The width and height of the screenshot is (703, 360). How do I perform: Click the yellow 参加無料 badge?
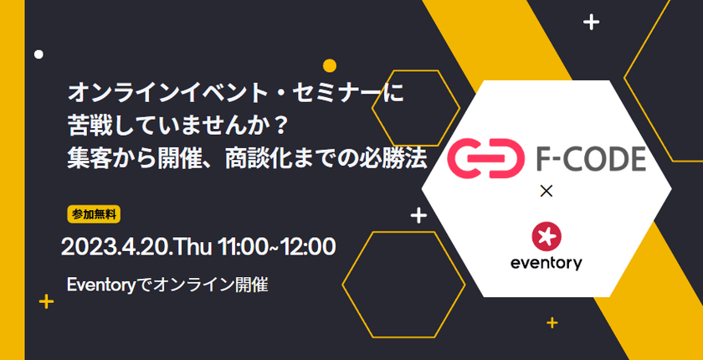point(94,214)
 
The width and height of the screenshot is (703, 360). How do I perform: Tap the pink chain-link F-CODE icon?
point(486,158)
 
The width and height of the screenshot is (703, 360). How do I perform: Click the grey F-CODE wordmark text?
point(591,158)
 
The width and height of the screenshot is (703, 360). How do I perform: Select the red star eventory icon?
point(546,236)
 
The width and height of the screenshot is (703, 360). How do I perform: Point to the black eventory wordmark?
point(546,262)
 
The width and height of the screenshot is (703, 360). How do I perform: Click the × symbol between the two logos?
point(546,192)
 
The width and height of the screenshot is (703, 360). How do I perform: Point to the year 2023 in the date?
point(82,247)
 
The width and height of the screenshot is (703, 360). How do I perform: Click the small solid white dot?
point(39,54)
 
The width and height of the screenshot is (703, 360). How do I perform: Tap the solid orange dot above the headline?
point(330,66)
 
